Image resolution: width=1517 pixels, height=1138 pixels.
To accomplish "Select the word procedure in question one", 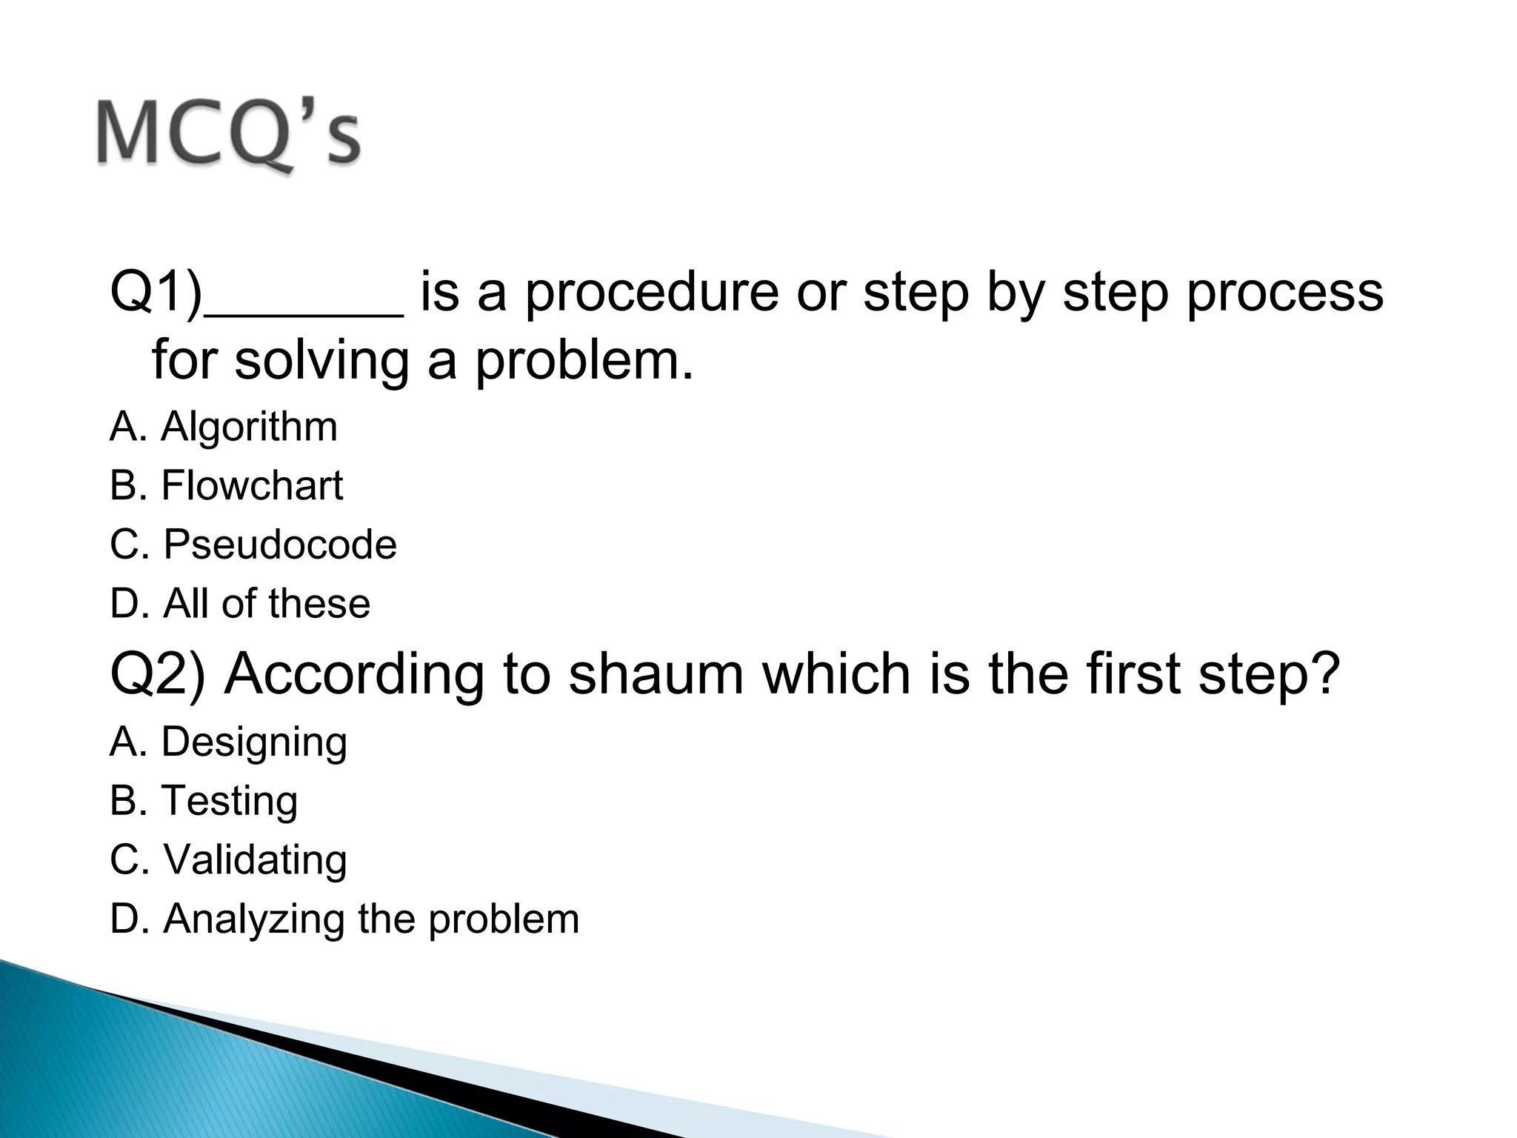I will pos(652,293).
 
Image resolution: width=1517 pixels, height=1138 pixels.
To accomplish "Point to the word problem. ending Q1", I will pos(584,362).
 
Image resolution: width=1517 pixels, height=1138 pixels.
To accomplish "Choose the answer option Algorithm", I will pos(249,427).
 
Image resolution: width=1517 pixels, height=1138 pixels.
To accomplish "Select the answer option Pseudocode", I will pos(279,545).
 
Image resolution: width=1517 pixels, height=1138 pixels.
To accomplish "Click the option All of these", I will pos(266,603).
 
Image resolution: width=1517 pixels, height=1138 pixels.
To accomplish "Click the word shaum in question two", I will pos(656,674).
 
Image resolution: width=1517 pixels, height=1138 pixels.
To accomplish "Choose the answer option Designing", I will pos(254,742).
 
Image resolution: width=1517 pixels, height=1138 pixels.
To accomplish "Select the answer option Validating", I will pos(255,859).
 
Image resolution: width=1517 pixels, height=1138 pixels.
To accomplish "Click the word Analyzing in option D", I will pos(254,919).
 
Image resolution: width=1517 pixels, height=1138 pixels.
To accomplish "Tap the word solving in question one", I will pos(321,362).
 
